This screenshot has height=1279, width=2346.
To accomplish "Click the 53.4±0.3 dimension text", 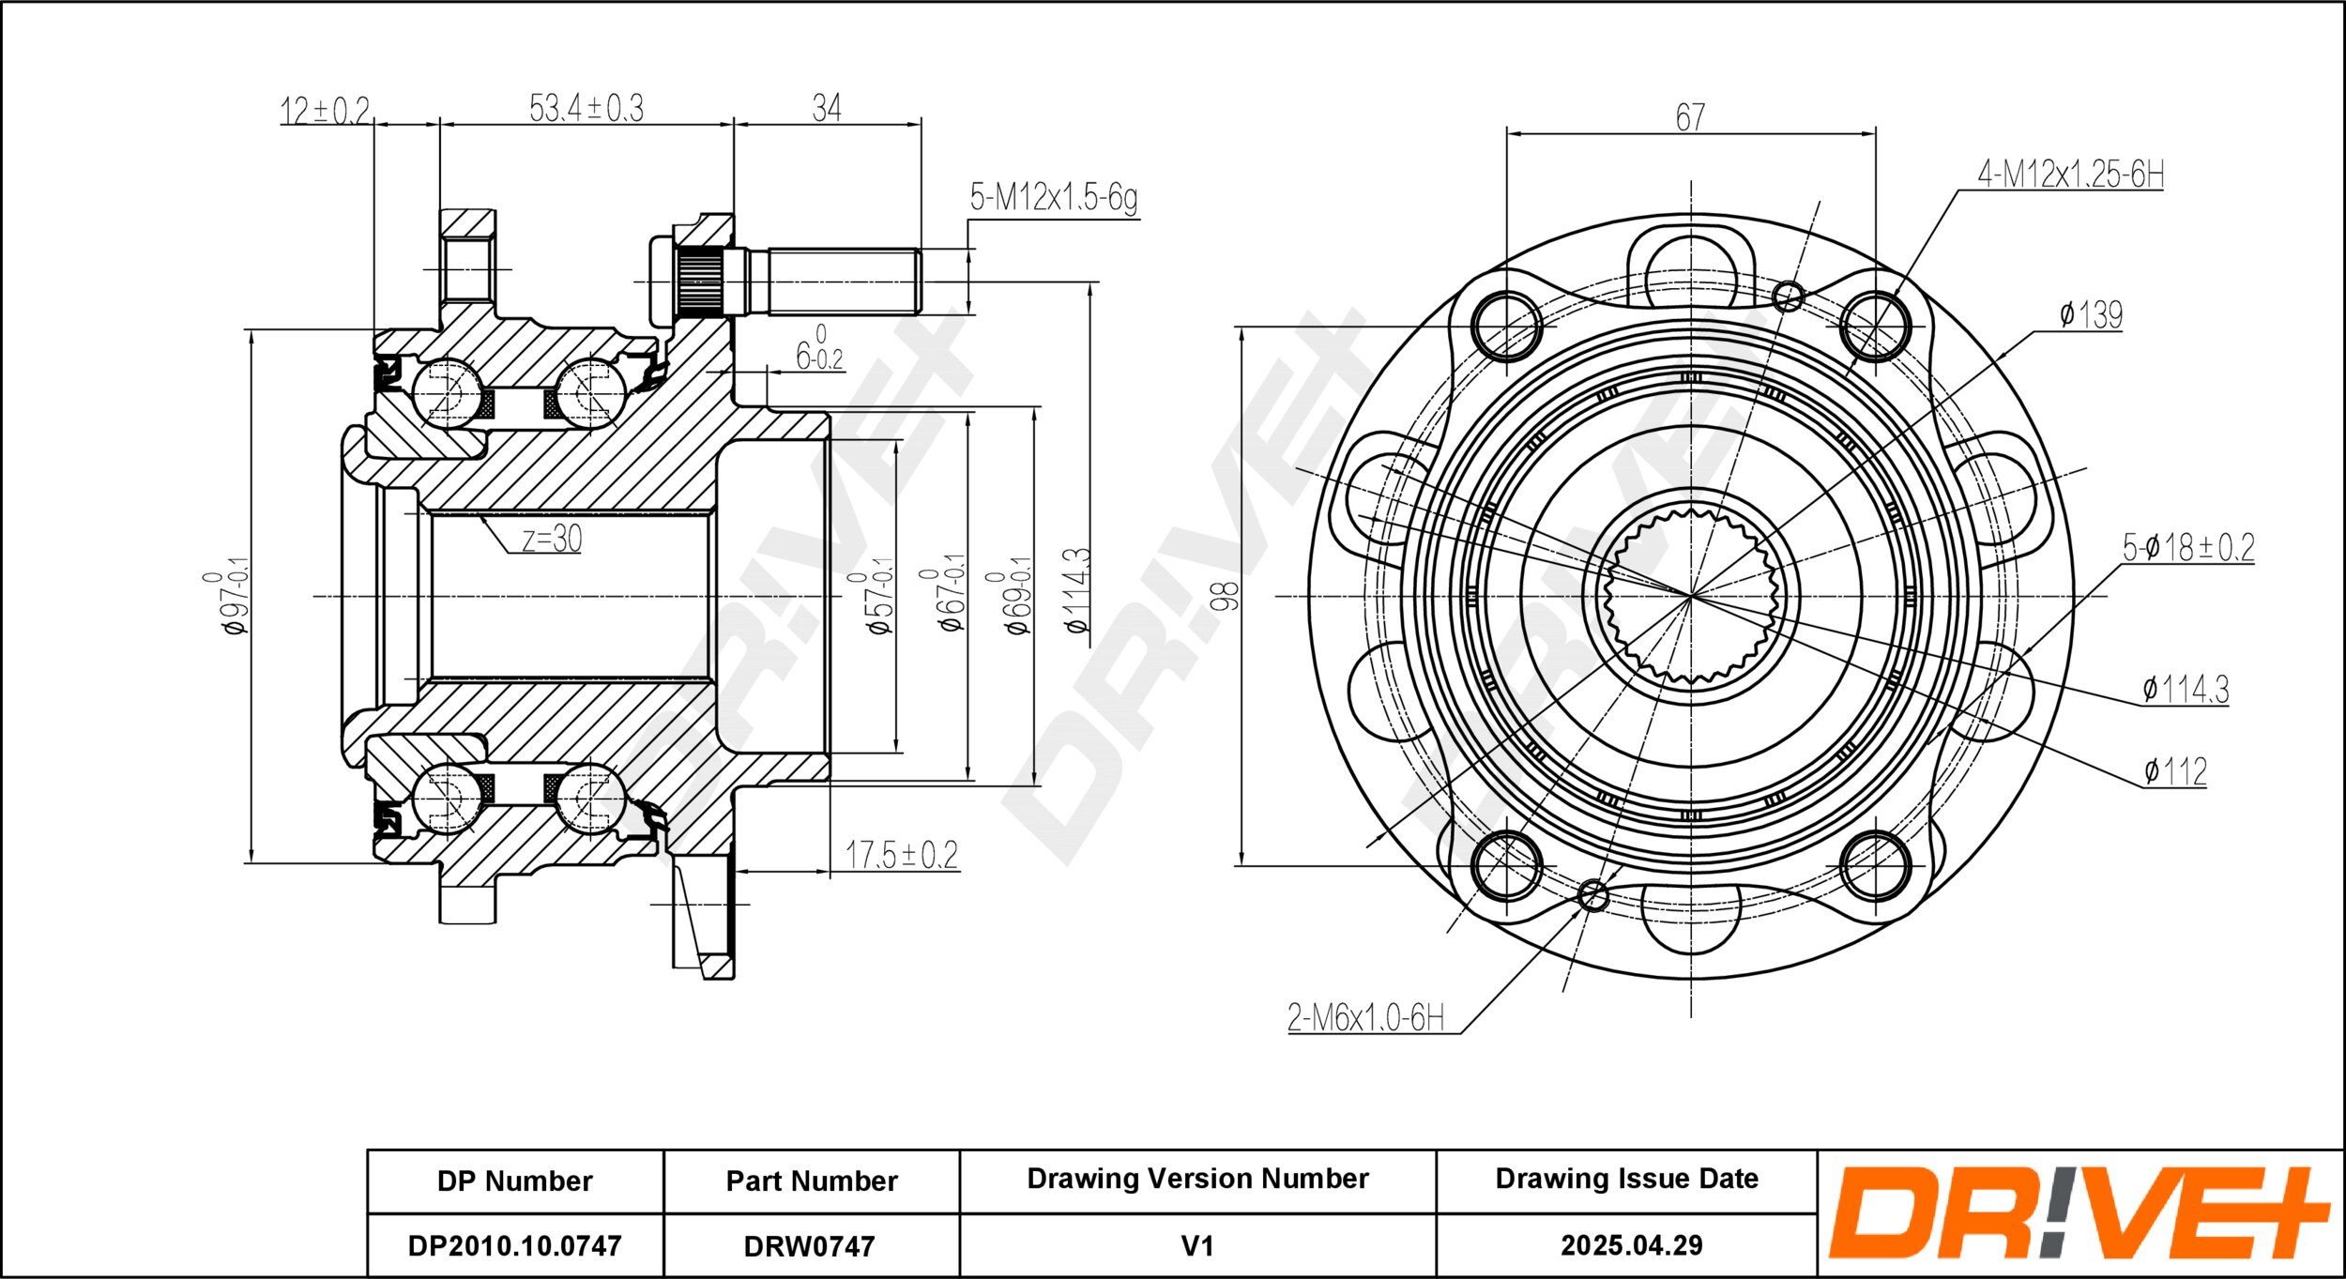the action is [586, 108].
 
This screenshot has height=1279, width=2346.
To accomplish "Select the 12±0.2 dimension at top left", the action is [326, 111].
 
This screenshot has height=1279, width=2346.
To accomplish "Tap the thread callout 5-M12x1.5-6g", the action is [1053, 198].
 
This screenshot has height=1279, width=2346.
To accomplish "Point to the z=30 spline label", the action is [552, 539].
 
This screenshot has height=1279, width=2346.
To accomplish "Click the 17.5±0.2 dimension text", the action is [902, 855].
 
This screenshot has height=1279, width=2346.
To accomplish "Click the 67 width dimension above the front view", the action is [1690, 117].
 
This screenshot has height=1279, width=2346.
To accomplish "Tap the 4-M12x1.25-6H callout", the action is [2070, 174].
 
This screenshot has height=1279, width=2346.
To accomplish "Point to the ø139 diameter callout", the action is [2091, 314].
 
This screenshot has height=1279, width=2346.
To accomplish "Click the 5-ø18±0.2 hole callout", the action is [2188, 547].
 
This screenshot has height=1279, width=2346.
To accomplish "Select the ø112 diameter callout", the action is [2175, 771].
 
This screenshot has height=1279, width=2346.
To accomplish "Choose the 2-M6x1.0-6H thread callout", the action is [1365, 1017].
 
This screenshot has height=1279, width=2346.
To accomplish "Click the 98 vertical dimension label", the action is [1225, 596].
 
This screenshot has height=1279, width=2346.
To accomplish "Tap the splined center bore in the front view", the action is [1691, 596].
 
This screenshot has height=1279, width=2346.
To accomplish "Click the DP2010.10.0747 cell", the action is [515, 1246].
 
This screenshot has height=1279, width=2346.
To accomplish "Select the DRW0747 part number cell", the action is [810, 1246].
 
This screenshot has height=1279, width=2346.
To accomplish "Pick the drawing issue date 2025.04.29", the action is [1632, 1245].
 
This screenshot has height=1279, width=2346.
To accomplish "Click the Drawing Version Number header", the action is [1197, 1179].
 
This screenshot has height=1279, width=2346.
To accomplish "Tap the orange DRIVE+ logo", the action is [2079, 1212].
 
